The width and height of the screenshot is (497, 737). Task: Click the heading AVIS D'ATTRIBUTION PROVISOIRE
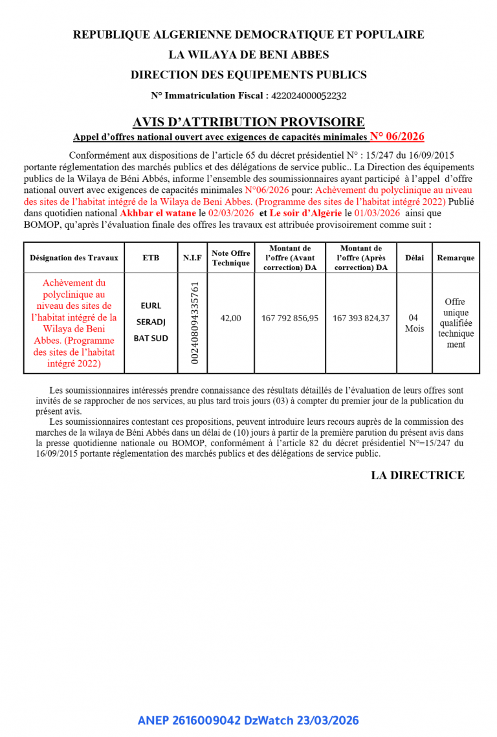coord(248,122)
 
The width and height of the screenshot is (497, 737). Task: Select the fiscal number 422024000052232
coord(309,96)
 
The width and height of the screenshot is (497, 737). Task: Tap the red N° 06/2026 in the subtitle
coord(397,136)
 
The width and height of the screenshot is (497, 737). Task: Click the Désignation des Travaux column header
coord(74,258)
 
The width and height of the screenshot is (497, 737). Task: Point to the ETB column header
coord(151,258)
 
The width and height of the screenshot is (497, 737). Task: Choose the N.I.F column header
coord(192,258)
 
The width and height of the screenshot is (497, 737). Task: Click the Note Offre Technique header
coord(230,258)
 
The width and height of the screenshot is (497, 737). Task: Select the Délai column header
coord(414,258)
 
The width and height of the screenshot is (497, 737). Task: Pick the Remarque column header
coord(456,258)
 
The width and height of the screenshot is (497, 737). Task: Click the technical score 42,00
coord(230,318)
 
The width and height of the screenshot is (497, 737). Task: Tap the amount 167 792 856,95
coord(290,318)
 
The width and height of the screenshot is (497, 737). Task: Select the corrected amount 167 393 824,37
coord(361,318)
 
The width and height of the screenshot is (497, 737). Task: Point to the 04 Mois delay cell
coord(414,323)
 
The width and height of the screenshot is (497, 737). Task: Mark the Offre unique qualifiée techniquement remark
coord(456,323)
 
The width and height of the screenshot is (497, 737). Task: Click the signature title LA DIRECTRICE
coord(417,475)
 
